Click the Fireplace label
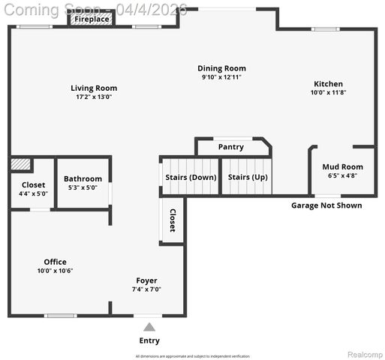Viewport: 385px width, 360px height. (x=92, y=19)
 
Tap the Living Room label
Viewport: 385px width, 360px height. (x=94, y=88)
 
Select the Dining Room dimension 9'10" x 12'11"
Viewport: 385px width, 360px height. (x=221, y=77)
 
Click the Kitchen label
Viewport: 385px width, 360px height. (x=328, y=84)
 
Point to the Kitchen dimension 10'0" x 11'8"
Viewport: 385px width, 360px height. (x=328, y=93)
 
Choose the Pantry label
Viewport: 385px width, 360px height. (x=230, y=147)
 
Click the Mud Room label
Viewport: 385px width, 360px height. (x=342, y=167)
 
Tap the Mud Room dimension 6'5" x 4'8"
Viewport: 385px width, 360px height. (x=342, y=175)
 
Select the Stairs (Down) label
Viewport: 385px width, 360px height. (x=191, y=177)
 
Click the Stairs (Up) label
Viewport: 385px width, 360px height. (x=248, y=177)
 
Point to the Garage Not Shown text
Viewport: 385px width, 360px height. (x=326, y=205)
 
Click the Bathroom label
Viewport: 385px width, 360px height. (x=83, y=178)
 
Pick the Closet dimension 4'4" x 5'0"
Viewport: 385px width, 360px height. (x=33, y=193)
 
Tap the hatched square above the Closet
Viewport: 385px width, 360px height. (x=21, y=163)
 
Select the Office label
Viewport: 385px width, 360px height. (x=56, y=262)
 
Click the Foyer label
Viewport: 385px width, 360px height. (x=146, y=280)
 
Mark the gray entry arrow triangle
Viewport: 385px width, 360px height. (x=149, y=326)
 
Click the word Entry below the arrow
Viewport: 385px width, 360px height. (x=149, y=340)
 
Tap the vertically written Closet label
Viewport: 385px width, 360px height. (x=172, y=220)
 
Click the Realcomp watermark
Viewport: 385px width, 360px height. (x=364, y=354)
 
